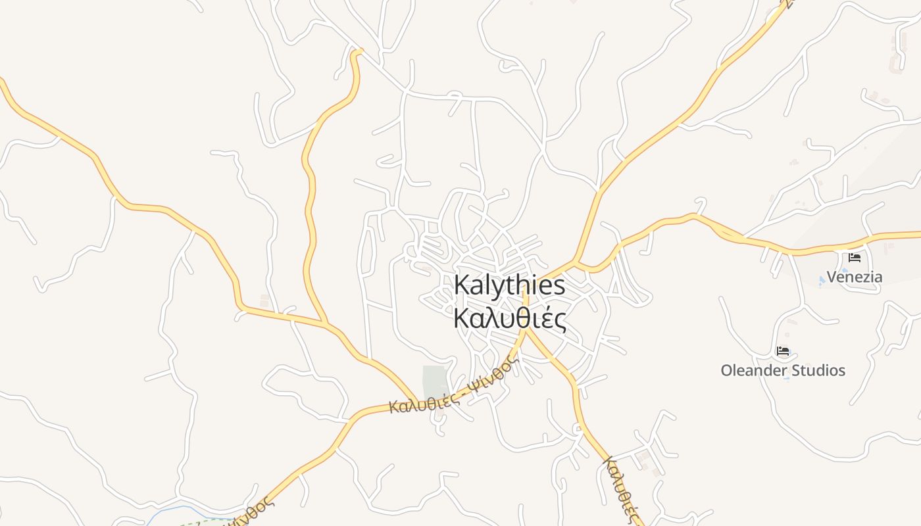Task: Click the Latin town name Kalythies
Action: [509, 286]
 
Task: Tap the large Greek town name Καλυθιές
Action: [510, 318]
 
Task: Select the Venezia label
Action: [854, 277]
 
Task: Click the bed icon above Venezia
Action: [855, 258]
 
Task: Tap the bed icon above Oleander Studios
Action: [783, 351]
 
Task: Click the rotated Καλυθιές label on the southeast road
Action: [622, 490]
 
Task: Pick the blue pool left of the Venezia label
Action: [822, 281]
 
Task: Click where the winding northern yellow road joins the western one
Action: [326, 323]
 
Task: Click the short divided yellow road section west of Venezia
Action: [727, 233]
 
